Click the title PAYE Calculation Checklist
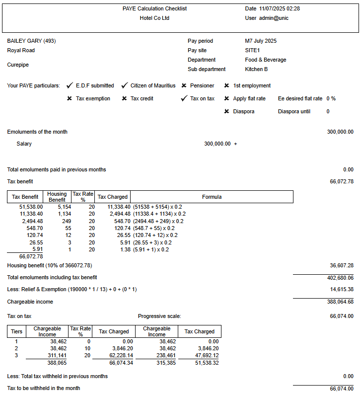click(154, 8)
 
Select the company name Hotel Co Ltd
click(154, 18)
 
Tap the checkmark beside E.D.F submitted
click(70, 85)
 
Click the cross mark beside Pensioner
click(184, 85)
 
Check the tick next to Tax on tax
click(184, 98)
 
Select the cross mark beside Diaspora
click(227, 111)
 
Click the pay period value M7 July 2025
click(261, 41)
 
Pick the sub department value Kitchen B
click(256, 69)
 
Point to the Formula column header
click(212, 197)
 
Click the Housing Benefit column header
click(57, 197)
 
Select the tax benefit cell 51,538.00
click(31, 206)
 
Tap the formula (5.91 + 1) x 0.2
click(151, 249)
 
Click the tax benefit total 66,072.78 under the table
click(31, 256)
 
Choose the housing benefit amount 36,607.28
click(341, 265)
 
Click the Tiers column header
click(16, 331)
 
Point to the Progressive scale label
click(159, 316)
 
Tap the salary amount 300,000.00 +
click(220, 144)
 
